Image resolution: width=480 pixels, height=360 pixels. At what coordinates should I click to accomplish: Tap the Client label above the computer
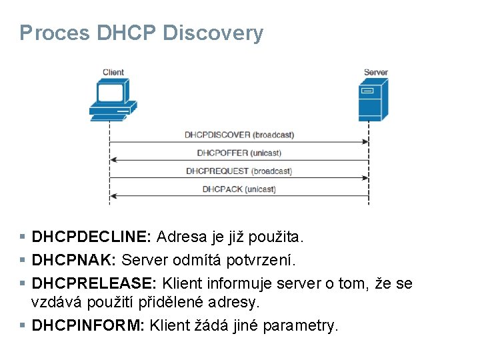pos(113,72)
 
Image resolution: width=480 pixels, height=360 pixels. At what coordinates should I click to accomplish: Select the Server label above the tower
pos(375,72)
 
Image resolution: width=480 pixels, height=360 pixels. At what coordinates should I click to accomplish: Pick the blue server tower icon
pos(373,99)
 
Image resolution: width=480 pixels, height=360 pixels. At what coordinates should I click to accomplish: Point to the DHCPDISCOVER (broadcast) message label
pos(239,135)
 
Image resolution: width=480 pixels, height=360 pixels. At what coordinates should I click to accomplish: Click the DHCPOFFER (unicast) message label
pos(239,153)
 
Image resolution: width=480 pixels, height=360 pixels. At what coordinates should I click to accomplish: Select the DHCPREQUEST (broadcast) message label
pos(239,171)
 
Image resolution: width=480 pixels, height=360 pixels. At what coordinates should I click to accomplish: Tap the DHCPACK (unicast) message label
pos(239,189)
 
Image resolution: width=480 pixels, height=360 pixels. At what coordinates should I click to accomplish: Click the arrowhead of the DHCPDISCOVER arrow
pos(366,142)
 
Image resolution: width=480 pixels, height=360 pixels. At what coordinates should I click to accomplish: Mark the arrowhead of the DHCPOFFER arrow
pos(113,160)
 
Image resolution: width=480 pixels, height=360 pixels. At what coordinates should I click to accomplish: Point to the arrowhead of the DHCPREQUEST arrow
pos(366,178)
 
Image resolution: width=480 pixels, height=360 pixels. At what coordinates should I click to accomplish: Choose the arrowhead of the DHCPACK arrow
pos(113,196)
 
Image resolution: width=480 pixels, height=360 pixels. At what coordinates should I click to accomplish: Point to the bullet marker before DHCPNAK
pos(23,259)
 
